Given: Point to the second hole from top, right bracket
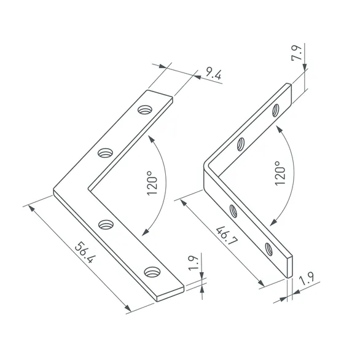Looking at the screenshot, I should [x=242, y=145].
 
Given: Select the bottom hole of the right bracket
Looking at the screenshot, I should [x=268, y=248].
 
